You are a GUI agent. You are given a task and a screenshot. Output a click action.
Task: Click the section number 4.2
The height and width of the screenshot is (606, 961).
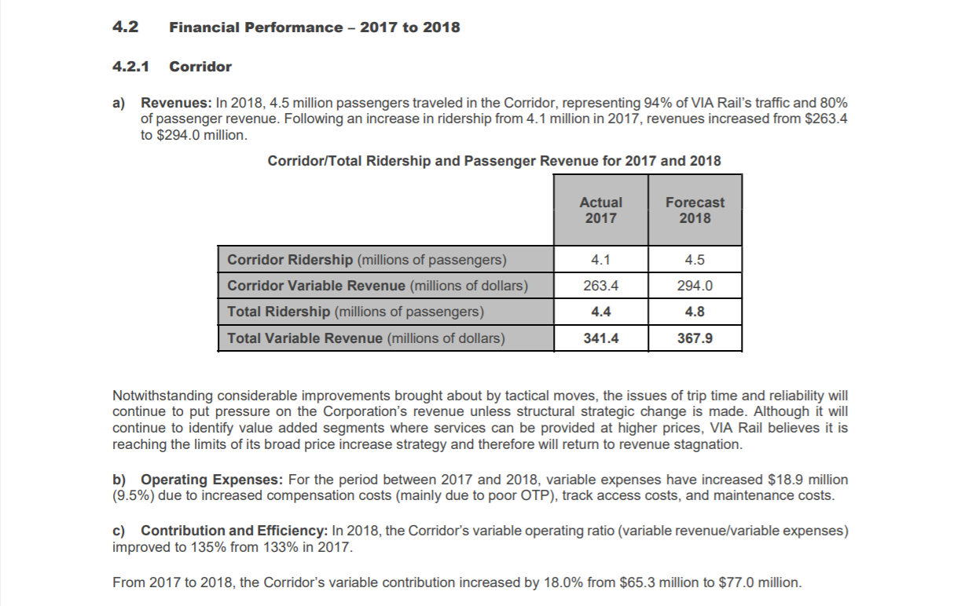point(125,27)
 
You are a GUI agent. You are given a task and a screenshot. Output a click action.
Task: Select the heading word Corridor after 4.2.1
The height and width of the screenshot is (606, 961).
point(200,67)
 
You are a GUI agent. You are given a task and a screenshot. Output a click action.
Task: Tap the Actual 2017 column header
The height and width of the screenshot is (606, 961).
point(600,210)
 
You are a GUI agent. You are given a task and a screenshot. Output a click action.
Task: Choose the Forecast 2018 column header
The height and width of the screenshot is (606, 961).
point(695,210)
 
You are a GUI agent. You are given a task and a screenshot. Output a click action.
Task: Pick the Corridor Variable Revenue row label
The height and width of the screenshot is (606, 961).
point(377,286)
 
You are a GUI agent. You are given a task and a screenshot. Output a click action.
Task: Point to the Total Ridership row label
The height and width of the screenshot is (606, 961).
point(355,312)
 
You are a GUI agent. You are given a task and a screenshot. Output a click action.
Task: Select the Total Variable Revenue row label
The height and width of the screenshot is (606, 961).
point(366,338)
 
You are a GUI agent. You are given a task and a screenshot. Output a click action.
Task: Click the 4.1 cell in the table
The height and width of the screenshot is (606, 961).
point(600,260)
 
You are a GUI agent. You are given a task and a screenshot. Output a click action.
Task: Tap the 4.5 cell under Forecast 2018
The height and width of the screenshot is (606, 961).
point(695,260)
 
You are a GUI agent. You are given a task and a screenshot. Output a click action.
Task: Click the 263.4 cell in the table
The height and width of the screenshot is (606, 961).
point(600,286)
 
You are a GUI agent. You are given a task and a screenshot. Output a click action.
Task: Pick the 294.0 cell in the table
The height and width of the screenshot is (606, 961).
point(695,286)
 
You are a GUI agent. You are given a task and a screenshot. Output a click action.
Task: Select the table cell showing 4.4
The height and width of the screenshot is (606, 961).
point(600,312)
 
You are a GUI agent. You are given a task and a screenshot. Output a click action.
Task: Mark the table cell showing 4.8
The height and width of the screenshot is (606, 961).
point(695,312)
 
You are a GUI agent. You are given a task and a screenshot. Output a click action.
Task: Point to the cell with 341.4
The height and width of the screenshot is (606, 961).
point(600,338)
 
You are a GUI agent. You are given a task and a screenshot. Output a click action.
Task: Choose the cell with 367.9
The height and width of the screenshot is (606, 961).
point(695,338)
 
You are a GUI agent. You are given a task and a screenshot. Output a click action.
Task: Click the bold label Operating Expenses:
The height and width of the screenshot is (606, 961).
point(213,480)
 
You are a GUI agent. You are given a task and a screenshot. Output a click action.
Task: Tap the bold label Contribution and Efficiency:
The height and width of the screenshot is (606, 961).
point(235,531)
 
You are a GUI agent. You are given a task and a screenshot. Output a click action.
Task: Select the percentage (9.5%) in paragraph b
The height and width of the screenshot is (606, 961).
point(134,495)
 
